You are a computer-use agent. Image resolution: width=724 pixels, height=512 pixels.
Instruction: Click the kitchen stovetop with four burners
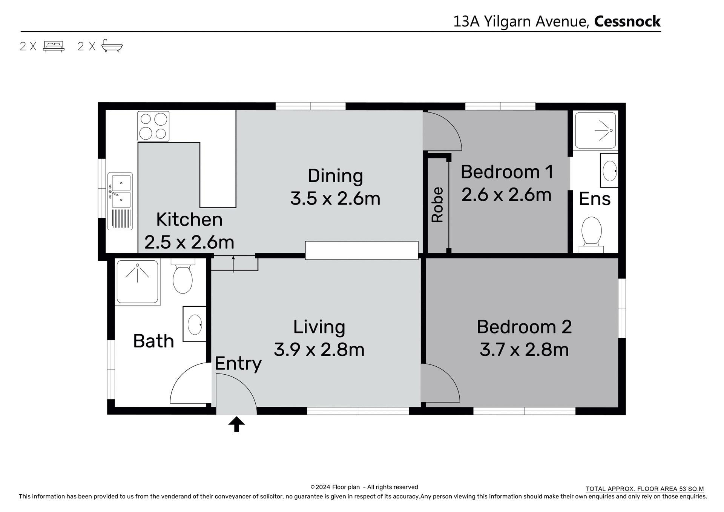(153, 126)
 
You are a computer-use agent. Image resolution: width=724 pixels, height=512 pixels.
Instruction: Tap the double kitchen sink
(120, 201)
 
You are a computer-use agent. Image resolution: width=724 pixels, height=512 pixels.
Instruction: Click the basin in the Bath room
(195, 324)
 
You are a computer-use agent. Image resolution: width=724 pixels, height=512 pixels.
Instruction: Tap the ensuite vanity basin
(609, 171)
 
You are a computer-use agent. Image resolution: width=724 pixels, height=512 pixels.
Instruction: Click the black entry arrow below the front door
(236, 424)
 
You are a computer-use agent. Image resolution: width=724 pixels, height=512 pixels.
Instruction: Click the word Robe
(437, 204)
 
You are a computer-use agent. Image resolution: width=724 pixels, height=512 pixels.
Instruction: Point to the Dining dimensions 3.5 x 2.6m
(335, 198)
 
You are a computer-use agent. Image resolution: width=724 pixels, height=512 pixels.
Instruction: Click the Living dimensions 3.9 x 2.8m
(319, 350)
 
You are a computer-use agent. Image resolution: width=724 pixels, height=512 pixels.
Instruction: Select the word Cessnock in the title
(627, 22)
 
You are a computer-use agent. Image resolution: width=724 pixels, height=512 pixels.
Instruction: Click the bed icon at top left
(54, 46)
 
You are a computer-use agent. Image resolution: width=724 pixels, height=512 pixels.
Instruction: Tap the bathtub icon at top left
(112, 46)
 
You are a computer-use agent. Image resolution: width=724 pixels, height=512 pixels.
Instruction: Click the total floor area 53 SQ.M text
(644, 489)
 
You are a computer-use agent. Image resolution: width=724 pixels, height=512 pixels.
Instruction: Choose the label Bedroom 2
(524, 327)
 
